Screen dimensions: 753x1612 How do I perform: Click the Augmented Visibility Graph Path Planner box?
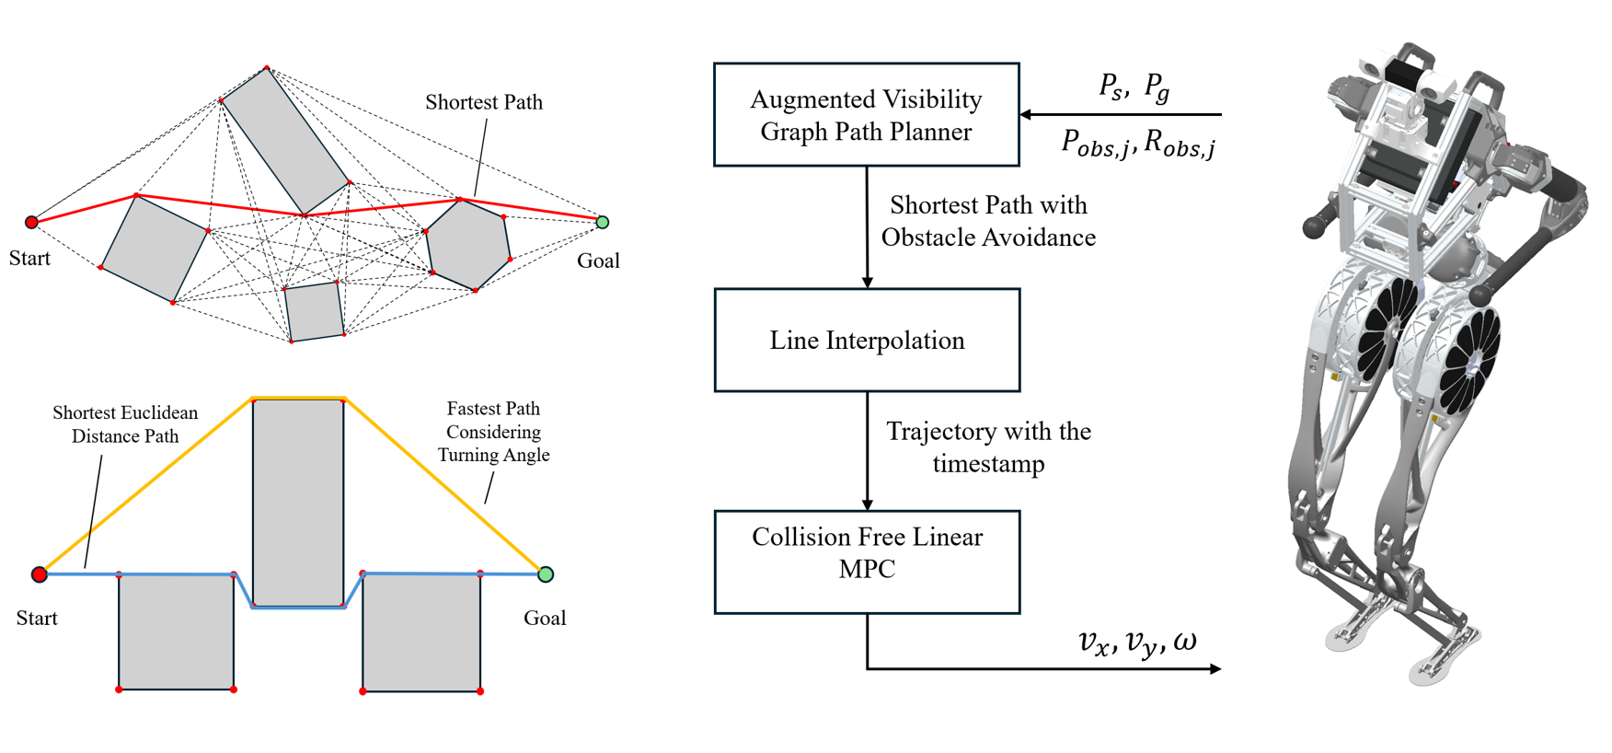[866, 115]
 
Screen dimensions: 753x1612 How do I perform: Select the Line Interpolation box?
[866, 341]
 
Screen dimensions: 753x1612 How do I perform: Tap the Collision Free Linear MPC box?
[866, 562]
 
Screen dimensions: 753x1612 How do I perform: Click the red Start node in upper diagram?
[31, 222]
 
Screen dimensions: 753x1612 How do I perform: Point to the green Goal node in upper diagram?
[603, 222]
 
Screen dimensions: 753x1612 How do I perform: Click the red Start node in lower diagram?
[39, 574]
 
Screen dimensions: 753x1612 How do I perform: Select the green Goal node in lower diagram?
[546, 574]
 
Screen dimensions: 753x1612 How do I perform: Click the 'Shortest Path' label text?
[483, 102]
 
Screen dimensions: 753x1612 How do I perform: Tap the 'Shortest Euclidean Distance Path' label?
[125, 424]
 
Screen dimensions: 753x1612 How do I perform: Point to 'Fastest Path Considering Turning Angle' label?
[493, 432]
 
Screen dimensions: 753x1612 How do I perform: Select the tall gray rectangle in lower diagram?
[298, 502]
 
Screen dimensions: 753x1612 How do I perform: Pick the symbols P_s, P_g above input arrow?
[1134, 87]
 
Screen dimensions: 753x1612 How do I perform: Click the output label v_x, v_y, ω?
[1137, 641]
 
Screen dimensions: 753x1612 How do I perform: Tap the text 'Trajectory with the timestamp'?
[988, 446]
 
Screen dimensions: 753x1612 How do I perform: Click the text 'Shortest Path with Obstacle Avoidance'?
[988, 221]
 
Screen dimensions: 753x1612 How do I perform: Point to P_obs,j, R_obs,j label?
[1138, 144]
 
